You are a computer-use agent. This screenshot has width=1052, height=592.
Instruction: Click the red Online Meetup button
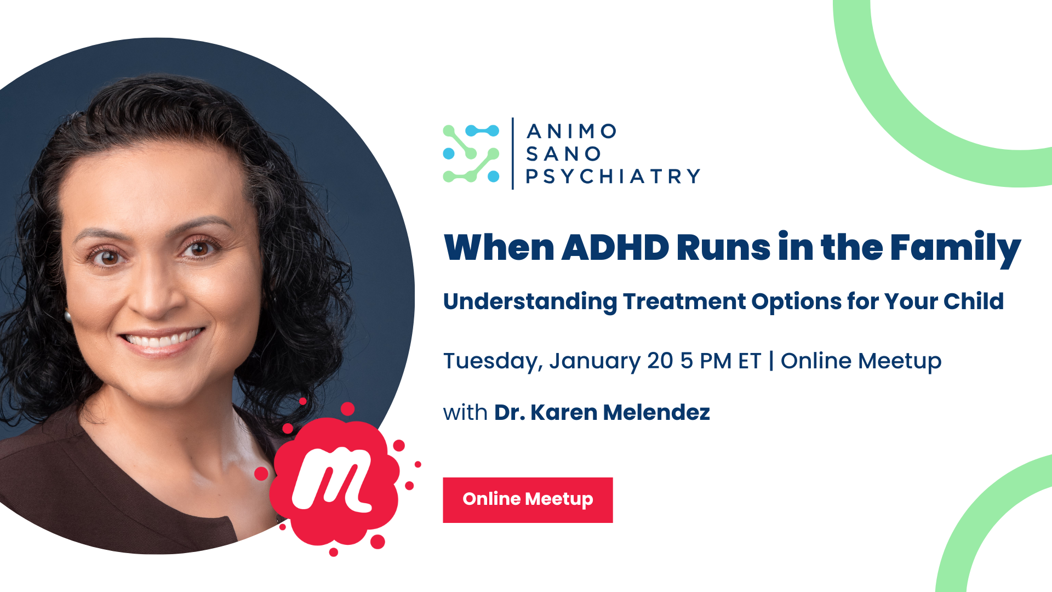coord(528,500)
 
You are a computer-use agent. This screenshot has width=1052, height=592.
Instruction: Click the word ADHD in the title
coord(615,247)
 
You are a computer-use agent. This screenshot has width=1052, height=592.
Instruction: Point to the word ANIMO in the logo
coord(571,132)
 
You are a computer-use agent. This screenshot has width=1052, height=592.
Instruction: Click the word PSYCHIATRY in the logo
coord(613,177)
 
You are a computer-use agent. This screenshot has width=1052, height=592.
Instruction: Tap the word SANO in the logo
coord(563,154)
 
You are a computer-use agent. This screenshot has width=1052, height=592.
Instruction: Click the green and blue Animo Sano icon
coord(471,153)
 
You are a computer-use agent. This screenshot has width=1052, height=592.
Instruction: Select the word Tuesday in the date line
coord(493,362)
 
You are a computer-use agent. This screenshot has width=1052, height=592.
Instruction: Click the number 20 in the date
coord(660,361)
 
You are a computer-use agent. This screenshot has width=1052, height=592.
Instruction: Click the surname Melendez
coord(656,412)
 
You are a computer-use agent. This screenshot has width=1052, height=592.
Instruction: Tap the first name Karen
coord(563,412)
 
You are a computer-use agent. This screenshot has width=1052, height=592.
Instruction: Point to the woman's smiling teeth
coord(162,339)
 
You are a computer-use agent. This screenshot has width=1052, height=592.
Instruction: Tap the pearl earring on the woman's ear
coord(68,316)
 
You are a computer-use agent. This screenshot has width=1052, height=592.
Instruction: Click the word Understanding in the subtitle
coord(530,302)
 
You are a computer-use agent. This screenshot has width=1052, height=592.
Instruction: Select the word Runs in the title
coord(723,248)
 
